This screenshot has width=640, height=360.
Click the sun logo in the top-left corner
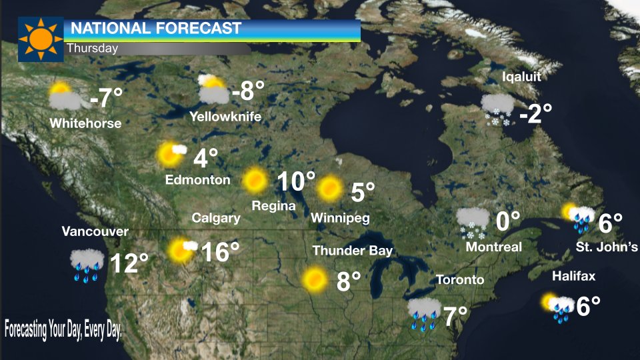(x=40, y=39)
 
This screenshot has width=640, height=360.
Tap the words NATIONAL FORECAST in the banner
(x=155, y=29)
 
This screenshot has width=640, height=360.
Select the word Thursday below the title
(x=92, y=48)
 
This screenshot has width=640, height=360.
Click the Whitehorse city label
(x=85, y=123)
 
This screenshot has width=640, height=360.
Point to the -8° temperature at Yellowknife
(x=248, y=90)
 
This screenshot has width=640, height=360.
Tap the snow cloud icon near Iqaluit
(x=497, y=109)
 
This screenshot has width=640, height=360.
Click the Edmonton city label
(x=197, y=180)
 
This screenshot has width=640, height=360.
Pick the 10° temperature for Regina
(x=296, y=181)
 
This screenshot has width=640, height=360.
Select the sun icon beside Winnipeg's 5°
(x=329, y=189)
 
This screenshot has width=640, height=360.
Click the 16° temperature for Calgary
(x=219, y=252)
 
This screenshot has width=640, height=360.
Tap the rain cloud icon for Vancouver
(x=87, y=264)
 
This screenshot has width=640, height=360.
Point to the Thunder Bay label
(x=353, y=251)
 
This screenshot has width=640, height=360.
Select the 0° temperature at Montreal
(x=507, y=221)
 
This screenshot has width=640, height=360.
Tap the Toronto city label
(x=460, y=279)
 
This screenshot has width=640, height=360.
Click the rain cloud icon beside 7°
(x=424, y=314)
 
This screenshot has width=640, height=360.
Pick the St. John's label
(x=607, y=247)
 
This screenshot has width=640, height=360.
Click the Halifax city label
(x=573, y=276)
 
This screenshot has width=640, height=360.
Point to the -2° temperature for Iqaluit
(x=535, y=113)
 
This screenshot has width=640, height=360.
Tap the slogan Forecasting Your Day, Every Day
(x=63, y=330)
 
